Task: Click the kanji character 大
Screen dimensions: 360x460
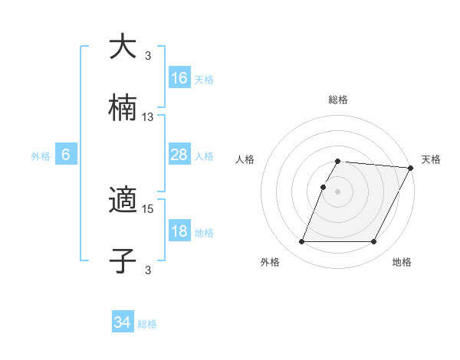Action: pos(123,47)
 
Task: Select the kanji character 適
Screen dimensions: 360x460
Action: pos(123,201)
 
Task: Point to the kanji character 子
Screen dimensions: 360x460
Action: pos(123,261)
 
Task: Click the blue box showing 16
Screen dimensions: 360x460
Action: pos(179,77)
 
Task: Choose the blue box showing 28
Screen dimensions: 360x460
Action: pos(179,155)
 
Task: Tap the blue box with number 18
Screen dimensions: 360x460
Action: pos(179,231)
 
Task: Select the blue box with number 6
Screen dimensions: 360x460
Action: pos(66,155)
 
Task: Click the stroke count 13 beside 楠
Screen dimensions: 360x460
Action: pos(148,117)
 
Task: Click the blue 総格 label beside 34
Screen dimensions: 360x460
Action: pos(147,324)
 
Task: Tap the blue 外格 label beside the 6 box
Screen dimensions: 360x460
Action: pos(41,156)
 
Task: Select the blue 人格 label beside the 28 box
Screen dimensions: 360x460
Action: pos(204,156)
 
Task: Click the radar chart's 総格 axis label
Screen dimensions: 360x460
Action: pos(338,100)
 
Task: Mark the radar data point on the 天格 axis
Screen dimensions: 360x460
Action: pos(411,168)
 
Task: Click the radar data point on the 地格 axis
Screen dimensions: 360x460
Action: pos(374,242)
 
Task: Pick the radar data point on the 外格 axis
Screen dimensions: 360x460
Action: pos(301,242)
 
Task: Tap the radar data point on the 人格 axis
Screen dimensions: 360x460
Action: pos(324,187)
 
